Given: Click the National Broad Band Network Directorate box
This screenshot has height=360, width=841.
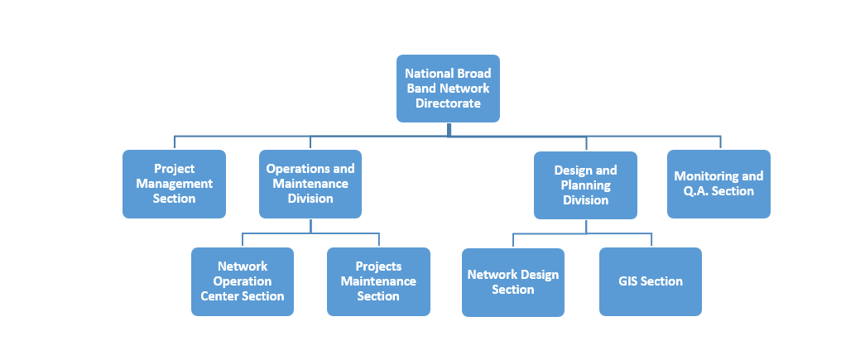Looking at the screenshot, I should click(x=448, y=89).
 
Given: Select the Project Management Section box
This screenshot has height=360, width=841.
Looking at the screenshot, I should click(x=174, y=184).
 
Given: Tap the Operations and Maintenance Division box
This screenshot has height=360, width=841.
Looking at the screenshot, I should click(x=310, y=184).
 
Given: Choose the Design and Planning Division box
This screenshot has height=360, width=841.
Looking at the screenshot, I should click(x=585, y=185).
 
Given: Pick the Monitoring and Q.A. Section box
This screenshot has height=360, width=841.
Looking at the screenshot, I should click(x=718, y=184).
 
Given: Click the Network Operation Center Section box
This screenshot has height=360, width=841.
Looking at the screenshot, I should click(x=243, y=281).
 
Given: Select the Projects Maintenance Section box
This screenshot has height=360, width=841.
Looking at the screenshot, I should click(x=378, y=281).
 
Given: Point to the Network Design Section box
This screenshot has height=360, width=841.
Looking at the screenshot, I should click(x=513, y=282).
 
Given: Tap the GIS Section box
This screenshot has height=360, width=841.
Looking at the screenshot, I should click(x=651, y=281).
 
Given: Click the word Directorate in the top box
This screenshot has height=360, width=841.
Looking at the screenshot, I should click(x=448, y=103).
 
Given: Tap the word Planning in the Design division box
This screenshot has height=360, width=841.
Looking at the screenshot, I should click(x=585, y=185).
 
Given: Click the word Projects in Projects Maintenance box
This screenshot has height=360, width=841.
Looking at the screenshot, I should click(x=378, y=266).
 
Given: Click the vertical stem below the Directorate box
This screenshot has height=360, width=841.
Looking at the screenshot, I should click(x=448, y=129).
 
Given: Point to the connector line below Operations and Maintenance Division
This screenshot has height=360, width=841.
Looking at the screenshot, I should click(x=310, y=226).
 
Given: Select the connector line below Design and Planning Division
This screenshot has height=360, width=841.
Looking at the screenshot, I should click(x=585, y=227).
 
